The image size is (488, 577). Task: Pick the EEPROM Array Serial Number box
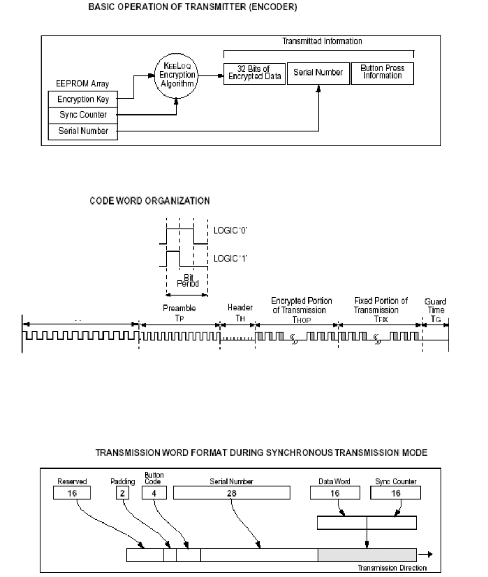(83, 132)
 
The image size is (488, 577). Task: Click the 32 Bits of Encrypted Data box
(253, 73)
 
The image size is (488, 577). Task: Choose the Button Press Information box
(382, 73)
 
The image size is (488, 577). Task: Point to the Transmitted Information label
(318, 42)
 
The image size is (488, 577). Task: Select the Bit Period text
(187, 282)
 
